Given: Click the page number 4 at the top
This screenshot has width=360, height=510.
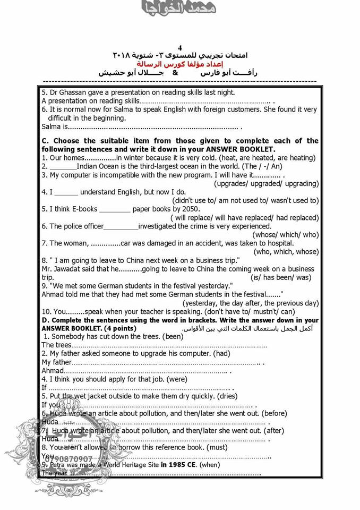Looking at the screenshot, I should click(x=179, y=47).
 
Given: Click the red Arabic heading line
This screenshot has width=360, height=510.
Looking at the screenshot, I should click(x=180, y=63).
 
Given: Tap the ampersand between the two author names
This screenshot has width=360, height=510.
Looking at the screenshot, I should click(x=175, y=72).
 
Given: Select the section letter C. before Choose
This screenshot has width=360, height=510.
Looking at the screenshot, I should click(x=45, y=141).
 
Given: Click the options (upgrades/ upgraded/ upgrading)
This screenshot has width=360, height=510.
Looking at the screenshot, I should click(x=267, y=183).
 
